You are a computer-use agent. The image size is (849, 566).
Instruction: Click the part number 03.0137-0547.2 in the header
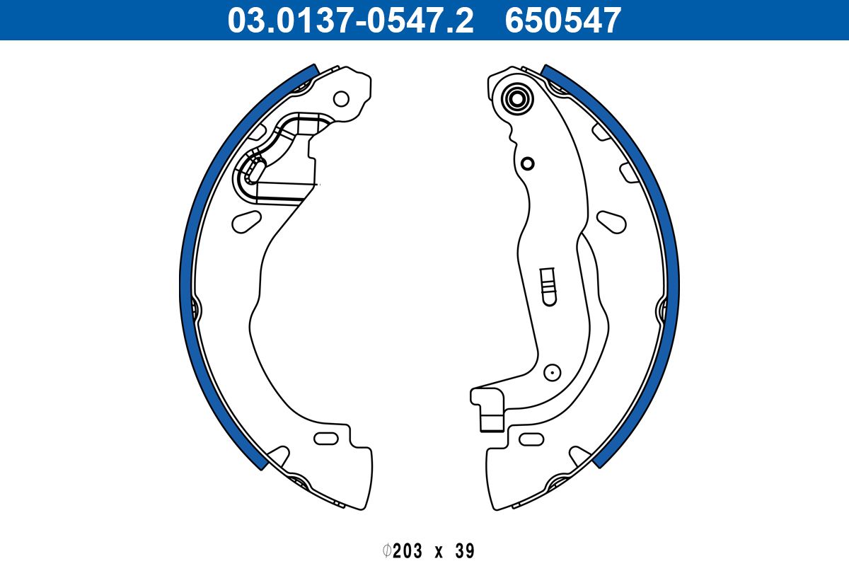pos(350,20)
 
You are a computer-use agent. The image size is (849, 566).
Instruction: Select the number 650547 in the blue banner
pos(562,20)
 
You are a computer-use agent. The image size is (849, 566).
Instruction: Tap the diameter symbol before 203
pos(386,550)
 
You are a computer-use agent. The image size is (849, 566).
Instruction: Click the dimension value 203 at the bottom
pos(408,550)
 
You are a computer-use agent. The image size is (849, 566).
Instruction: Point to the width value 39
pos(465,550)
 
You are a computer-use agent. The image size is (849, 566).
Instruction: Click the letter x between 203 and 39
pos(439,551)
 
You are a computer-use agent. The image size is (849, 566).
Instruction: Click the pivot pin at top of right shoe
pos(517,99)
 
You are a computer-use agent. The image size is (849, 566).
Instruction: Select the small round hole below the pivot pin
pos(527,164)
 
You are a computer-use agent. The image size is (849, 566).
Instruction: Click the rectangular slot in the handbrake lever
pos(547,287)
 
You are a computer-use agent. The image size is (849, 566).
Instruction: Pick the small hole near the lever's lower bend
pos(551,370)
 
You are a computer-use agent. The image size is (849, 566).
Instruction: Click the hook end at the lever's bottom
pos(490,410)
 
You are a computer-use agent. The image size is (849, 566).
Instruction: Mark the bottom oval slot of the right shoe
pos(529,439)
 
